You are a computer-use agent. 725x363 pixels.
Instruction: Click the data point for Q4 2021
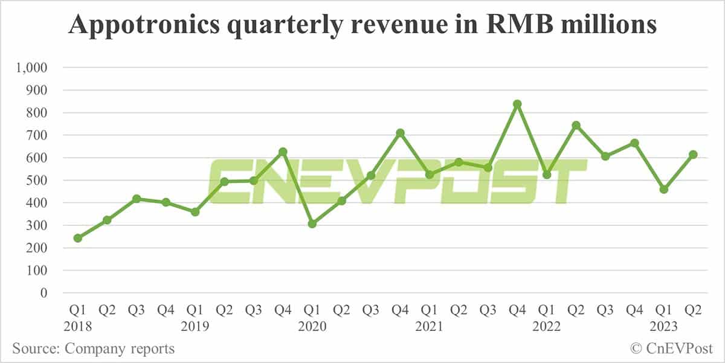[517, 104]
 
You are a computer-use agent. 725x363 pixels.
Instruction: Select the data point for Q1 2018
[77, 238]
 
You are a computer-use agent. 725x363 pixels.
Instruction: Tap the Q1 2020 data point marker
[312, 224]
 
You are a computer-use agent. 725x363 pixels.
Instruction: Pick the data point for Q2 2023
[693, 155]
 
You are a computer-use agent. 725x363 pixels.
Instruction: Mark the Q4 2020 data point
[400, 133]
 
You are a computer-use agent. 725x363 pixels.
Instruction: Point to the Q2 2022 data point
[576, 125]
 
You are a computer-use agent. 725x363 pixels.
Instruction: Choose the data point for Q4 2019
[283, 152]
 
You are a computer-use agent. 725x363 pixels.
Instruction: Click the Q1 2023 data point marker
[664, 190]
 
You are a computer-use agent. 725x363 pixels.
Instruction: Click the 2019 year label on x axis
[195, 326]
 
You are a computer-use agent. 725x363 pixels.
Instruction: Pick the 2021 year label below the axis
[429, 326]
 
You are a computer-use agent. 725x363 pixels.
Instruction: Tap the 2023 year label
[664, 326]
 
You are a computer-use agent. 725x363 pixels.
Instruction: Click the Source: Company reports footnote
[94, 349]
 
